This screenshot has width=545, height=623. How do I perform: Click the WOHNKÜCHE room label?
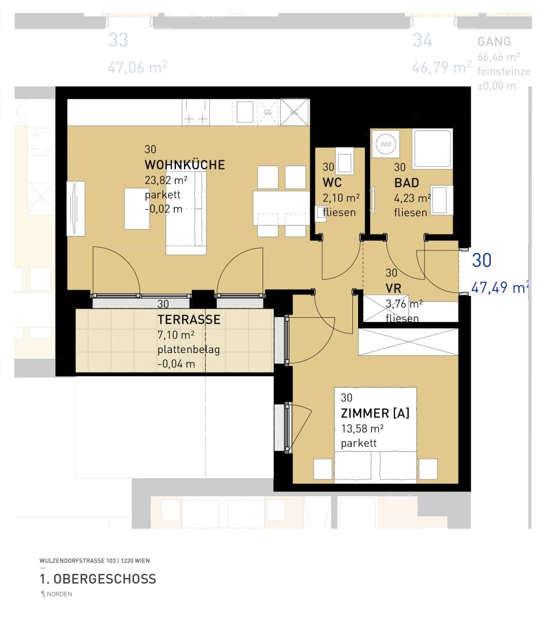(185, 166)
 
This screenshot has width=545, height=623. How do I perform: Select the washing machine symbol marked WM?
(385, 145)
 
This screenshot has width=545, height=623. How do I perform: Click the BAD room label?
(407, 183)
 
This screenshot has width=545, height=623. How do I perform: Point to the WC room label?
(332, 183)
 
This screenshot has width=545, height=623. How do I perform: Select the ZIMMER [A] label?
(375, 413)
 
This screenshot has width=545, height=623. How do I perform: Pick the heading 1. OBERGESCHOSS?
(97, 579)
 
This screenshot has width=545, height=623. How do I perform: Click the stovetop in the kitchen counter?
(196, 112)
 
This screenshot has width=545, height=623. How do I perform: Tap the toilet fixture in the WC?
(345, 162)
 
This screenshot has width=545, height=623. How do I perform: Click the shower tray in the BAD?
(433, 149)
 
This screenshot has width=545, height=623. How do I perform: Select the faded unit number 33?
(118, 40)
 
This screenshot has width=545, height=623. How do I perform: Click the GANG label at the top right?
(494, 42)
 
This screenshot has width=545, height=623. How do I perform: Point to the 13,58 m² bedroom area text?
(362, 429)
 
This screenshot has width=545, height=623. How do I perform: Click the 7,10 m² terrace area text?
(175, 335)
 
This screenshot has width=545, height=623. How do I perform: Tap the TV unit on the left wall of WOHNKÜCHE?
(76, 208)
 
